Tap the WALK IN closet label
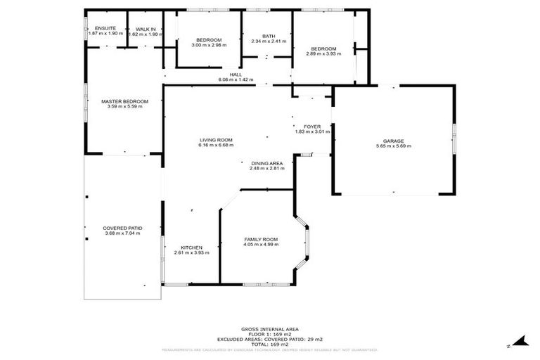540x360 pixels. click(x=146, y=28)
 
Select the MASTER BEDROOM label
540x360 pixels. click(x=124, y=101)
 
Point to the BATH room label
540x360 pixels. click(x=269, y=36)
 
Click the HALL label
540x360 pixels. click(x=236, y=74)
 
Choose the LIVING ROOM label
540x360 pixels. click(x=215, y=140)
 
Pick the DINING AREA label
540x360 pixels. click(x=266, y=163)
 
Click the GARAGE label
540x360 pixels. click(x=394, y=141)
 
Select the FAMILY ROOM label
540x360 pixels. click(x=261, y=240)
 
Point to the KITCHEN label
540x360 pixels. click(x=192, y=247)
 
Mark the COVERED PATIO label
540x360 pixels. click(x=123, y=228)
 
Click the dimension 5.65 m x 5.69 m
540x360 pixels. click(x=394, y=146)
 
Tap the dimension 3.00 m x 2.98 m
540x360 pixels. click(x=209, y=45)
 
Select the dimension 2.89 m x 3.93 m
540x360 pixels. click(x=323, y=53)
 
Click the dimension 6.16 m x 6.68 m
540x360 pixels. click(x=215, y=146)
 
